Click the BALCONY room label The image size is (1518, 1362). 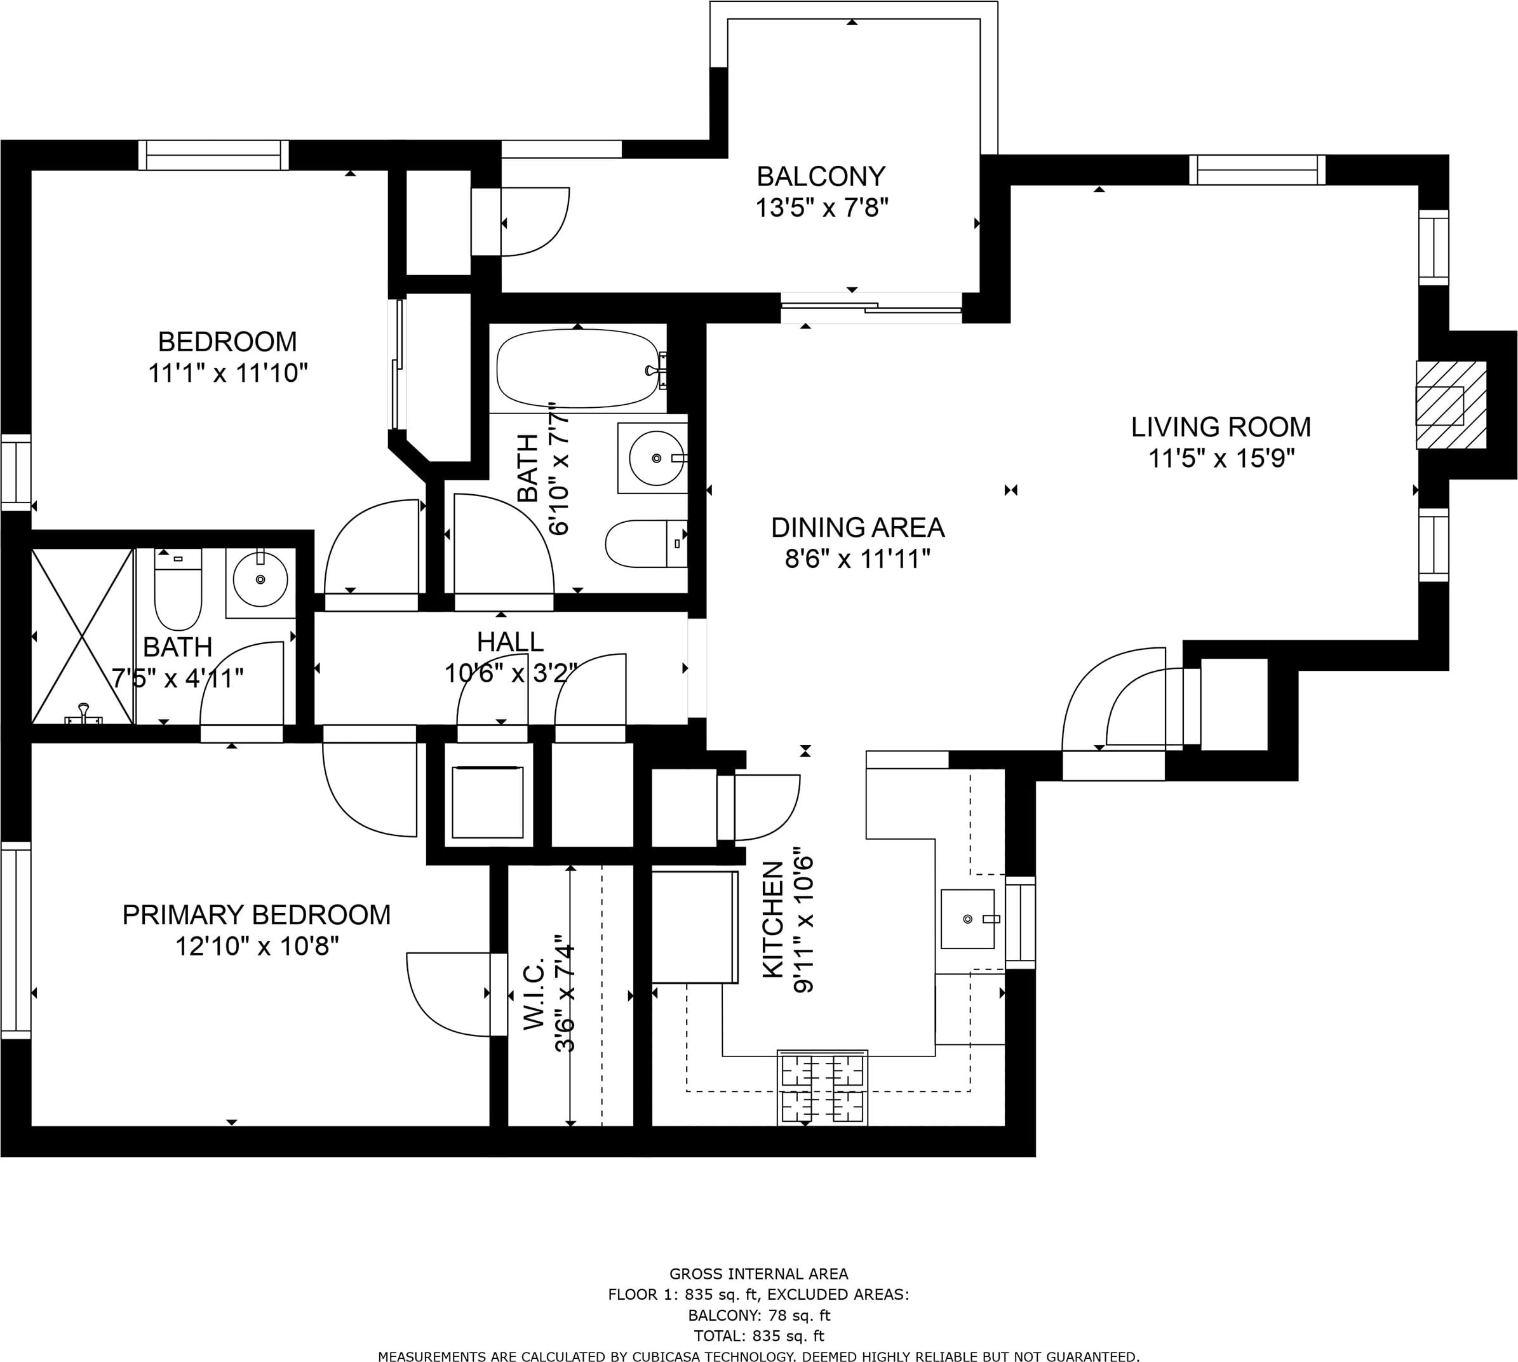821,177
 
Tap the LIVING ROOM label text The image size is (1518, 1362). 1221,428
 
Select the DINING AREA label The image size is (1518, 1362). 857,529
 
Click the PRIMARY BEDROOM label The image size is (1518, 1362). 257,915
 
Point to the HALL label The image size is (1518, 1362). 510,642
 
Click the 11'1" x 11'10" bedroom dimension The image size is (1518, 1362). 228,373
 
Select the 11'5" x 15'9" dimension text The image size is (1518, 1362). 1221,458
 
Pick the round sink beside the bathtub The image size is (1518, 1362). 656,457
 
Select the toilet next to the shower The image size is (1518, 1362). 178,589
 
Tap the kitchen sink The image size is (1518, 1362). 968,919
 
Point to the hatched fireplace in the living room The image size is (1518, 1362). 1451,405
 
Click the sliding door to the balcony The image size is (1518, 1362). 871,307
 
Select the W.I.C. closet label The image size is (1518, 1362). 533,992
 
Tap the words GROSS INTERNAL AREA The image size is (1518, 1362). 758,1274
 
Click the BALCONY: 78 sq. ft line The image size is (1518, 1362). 758,1316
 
